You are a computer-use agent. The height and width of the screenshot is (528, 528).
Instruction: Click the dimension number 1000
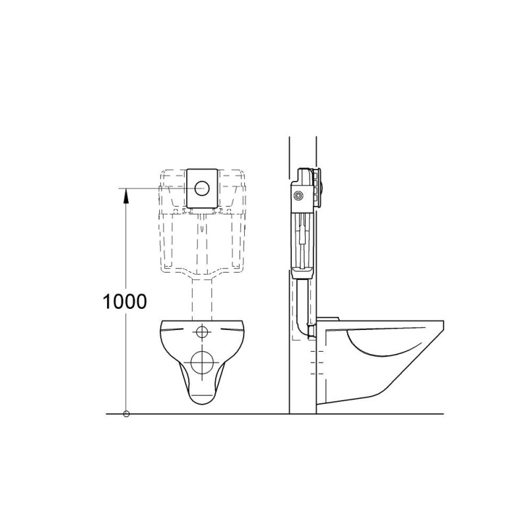[124, 302]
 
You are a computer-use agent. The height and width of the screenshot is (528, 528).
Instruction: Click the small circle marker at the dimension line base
[126, 414]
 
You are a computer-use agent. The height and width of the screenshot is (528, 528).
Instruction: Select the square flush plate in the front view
[203, 188]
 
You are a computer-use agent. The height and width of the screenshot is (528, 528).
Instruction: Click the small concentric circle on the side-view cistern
[300, 195]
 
